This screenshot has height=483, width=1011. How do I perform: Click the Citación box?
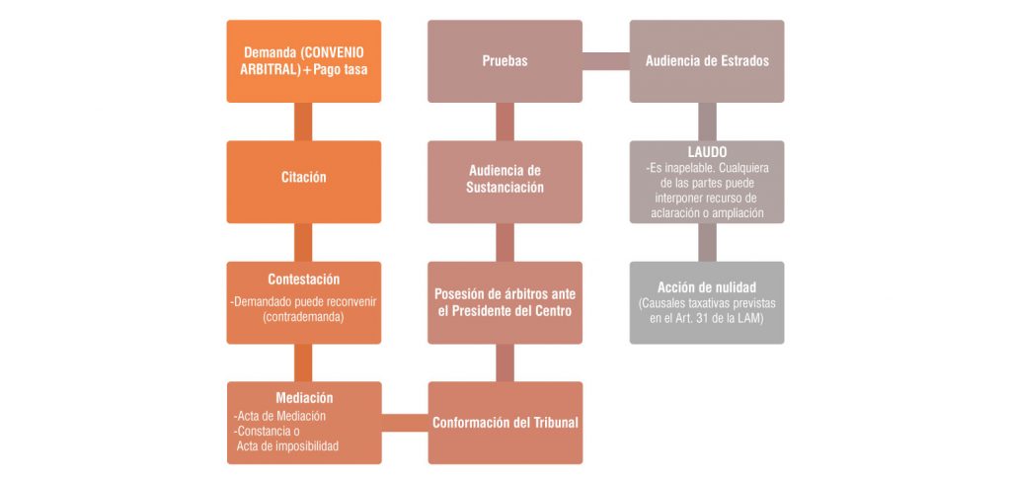(304, 182)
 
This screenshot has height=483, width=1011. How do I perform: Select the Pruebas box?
(505, 61)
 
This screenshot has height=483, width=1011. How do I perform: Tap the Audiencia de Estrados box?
(707, 61)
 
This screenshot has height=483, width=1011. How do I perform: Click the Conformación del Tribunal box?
(505, 423)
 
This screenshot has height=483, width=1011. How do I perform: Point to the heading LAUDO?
(707, 153)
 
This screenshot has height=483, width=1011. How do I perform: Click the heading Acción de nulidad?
(707, 287)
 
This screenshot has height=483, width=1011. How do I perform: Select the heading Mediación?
(304, 398)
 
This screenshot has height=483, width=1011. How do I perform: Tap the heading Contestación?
(304, 280)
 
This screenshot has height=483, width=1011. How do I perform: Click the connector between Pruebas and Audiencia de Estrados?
(606, 61)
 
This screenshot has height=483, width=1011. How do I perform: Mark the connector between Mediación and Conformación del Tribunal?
(404, 423)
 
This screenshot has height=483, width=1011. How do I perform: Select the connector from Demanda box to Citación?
(303, 121)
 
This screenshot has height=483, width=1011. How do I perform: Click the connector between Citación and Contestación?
(303, 242)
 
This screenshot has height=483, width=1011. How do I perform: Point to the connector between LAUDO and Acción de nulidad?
(707, 242)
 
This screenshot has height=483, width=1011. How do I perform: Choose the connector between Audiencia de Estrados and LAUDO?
(707, 121)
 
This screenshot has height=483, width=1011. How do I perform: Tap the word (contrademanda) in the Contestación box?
(301, 317)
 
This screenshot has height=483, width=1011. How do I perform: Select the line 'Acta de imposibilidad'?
(287, 445)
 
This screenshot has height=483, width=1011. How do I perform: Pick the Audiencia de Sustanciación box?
(505, 182)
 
